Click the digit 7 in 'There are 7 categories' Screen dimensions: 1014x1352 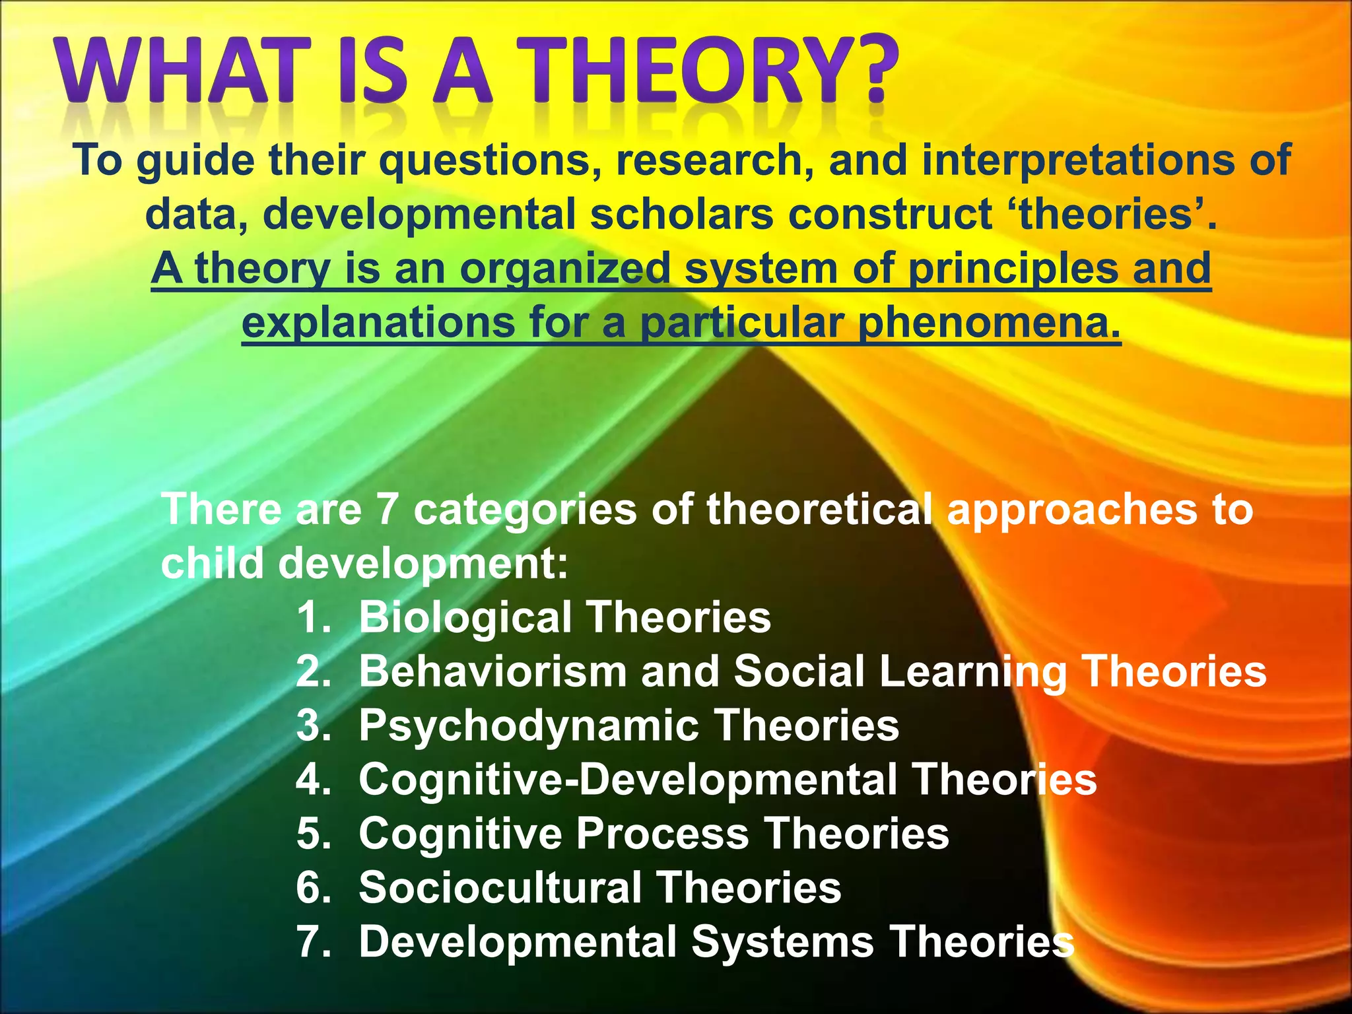[388, 510]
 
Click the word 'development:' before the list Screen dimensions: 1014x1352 [422, 564]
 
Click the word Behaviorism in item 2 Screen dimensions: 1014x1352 [492, 671]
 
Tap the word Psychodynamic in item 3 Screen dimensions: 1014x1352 [529, 726]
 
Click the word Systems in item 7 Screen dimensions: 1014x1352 [782, 941]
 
